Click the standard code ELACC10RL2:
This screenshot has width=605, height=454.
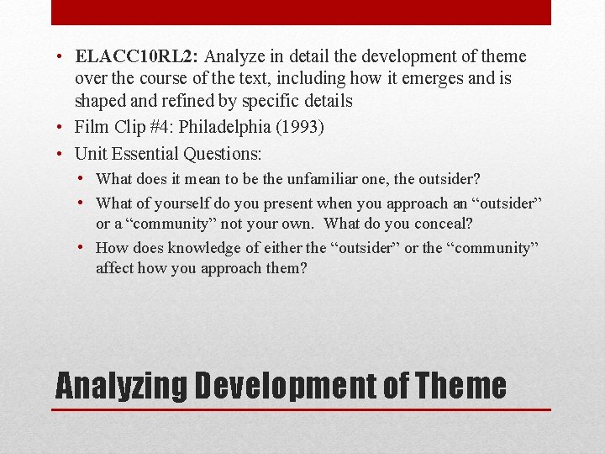[x=137, y=57]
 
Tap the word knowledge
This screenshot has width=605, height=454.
[x=204, y=248]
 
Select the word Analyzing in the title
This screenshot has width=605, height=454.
[x=121, y=386]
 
